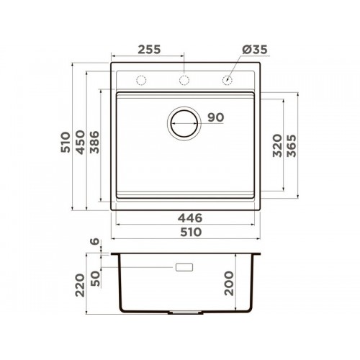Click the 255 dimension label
(x=149, y=50)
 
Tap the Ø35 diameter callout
(x=254, y=50)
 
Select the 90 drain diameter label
(x=216, y=117)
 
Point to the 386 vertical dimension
(x=94, y=142)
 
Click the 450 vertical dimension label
(x=81, y=142)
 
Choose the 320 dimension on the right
(x=277, y=145)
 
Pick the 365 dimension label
(x=292, y=145)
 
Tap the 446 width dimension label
(x=190, y=218)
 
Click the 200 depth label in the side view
(x=229, y=283)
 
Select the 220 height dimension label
(x=80, y=285)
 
